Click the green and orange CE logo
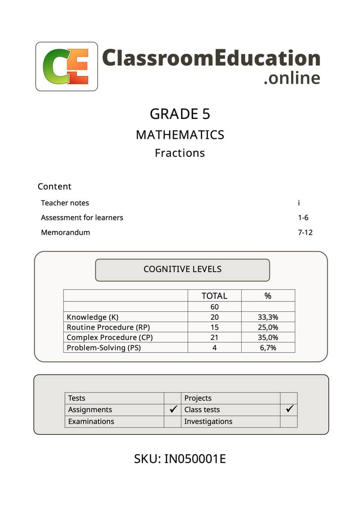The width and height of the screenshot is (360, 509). coord(66,67)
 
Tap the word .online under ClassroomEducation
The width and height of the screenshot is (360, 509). coord(292,77)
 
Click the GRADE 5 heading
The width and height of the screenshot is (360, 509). coord(180,114)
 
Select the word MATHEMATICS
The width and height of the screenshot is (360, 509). coord(180,135)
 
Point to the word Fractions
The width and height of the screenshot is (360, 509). coord(180,153)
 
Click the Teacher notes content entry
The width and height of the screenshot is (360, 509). coord(65,203)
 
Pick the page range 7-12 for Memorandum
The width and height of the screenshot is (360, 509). coord(305,232)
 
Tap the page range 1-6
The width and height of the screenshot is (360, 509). coord(303,218)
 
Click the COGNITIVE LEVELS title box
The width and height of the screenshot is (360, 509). coord(182,269)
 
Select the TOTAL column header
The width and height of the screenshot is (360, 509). coord(214,296)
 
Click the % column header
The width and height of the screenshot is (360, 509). coord(268,296)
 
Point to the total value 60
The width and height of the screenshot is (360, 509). coord(214,307)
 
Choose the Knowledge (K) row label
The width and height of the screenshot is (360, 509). coord(93,317)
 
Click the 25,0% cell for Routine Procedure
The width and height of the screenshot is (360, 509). coord(268,327)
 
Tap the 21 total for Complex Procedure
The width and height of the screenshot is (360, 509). coord(214,337)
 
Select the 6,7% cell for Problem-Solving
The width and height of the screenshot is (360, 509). coord(268,347)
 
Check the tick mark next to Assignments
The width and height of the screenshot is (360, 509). coord(173,409)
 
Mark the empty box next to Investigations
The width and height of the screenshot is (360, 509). coord(288,422)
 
